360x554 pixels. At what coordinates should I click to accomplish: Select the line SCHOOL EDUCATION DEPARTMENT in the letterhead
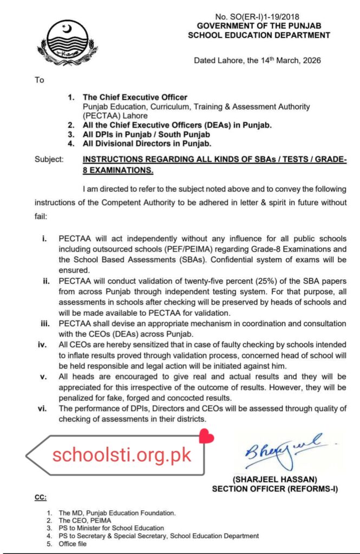258,35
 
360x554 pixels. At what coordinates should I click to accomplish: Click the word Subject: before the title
49,160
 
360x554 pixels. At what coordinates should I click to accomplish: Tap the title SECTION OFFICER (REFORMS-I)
274,489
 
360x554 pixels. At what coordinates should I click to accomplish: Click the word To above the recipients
39,80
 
